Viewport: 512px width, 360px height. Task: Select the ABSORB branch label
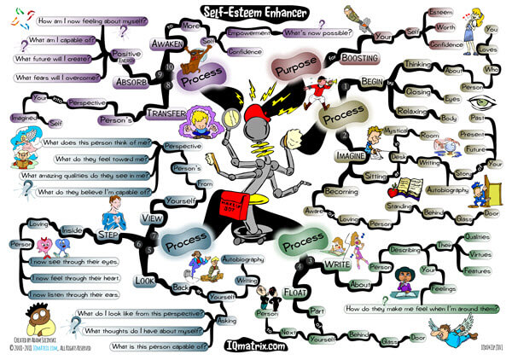[x=131, y=83]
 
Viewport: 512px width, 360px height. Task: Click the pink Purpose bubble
[x=294, y=67]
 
